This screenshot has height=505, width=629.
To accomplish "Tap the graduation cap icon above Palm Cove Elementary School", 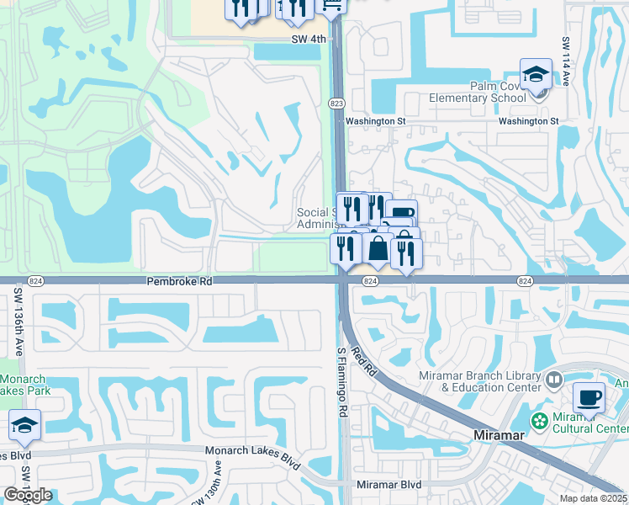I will [x=535, y=75].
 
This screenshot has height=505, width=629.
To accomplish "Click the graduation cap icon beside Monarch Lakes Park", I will [x=24, y=426].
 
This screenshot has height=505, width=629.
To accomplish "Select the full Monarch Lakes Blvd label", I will [x=253, y=450].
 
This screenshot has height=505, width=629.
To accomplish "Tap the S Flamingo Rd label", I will [x=342, y=383].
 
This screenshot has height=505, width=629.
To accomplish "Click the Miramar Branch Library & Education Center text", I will [x=479, y=381].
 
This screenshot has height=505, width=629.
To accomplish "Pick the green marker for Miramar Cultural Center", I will [x=536, y=419].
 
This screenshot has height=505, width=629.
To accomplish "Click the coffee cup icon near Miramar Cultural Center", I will [x=589, y=397].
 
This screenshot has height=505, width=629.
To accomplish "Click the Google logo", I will [x=28, y=495].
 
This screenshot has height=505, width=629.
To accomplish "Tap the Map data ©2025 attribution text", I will [x=593, y=498].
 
